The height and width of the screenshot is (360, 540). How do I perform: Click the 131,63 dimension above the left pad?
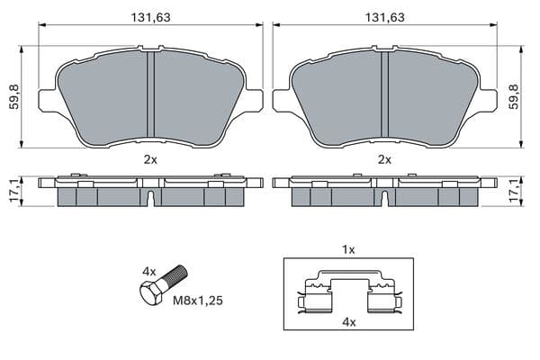pyautogui.click(x=150, y=17)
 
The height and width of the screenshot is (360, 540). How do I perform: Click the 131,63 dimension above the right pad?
pyautogui.click(x=384, y=17)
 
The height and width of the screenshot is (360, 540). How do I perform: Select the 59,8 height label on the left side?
pyautogui.click(x=14, y=97)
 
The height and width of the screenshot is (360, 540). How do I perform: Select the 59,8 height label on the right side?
pyautogui.click(x=514, y=97)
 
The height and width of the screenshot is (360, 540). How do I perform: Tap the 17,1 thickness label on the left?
pyautogui.click(x=14, y=192)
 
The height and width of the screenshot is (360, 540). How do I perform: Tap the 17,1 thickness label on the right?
pyautogui.click(x=514, y=192)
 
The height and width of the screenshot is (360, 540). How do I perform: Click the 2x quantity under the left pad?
pyautogui.click(x=150, y=159)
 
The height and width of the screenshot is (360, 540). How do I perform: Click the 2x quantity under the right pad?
pyautogui.click(x=384, y=159)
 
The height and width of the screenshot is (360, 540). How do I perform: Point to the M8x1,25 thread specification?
pyautogui.click(x=198, y=301)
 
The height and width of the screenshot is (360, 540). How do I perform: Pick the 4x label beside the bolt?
pyautogui.click(x=149, y=272)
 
